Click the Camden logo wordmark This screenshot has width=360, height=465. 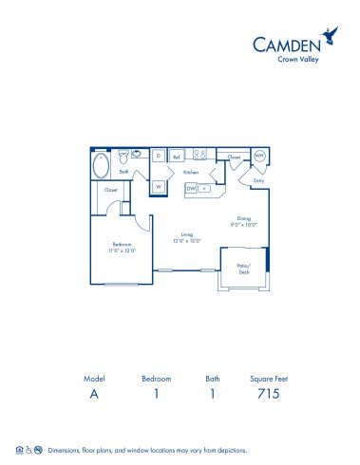[x=286, y=42]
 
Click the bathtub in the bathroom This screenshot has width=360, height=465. [x=102, y=165]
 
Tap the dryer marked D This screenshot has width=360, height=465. [x=159, y=155]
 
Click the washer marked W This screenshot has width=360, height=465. [x=159, y=187]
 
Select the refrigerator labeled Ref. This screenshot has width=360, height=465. [x=178, y=155]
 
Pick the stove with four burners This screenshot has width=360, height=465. [x=200, y=154]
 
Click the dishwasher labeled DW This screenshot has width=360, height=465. [x=191, y=188]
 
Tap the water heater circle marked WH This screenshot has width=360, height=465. [x=259, y=155]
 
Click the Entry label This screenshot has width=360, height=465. [x=257, y=180]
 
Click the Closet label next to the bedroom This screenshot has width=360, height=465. [x=111, y=190]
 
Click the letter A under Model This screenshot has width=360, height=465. [x=93, y=395]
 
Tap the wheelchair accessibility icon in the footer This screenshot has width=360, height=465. [x=28, y=450]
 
